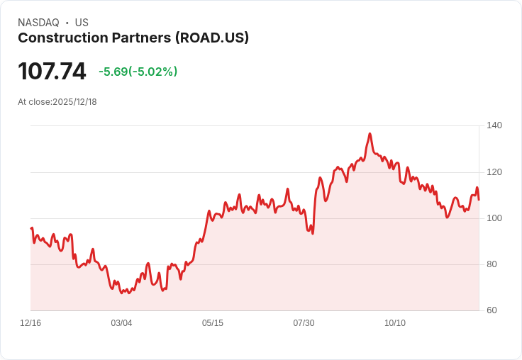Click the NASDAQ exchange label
pyautogui.click(x=38, y=23)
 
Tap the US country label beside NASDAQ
pyautogui.click(x=82, y=23)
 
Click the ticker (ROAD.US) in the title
pyautogui.click(x=212, y=38)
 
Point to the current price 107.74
pyautogui.click(x=52, y=71)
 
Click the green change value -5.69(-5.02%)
pyautogui.click(x=138, y=72)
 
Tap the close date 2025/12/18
pyautogui.click(x=74, y=102)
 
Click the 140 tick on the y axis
pyautogui.click(x=494, y=125)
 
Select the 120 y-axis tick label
pyautogui.click(x=494, y=172)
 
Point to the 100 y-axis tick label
pyautogui.click(x=494, y=218)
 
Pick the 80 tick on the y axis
pyautogui.click(x=492, y=264)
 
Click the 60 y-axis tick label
pyautogui.click(x=492, y=310)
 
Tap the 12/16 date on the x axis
pyautogui.click(x=30, y=323)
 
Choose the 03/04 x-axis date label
pyautogui.click(x=121, y=323)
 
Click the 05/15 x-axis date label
pyautogui.click(x=213, y=323)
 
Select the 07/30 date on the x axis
pyautogui.click(x=304, y=323)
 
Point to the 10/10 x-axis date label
pyautogui.click(x=395, y=323)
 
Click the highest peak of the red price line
pyautogui.click(x=370, y=133)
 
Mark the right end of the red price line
pyautogui.click(x=479, y=199)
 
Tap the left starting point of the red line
pyautogui.click(x=31, y=228)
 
